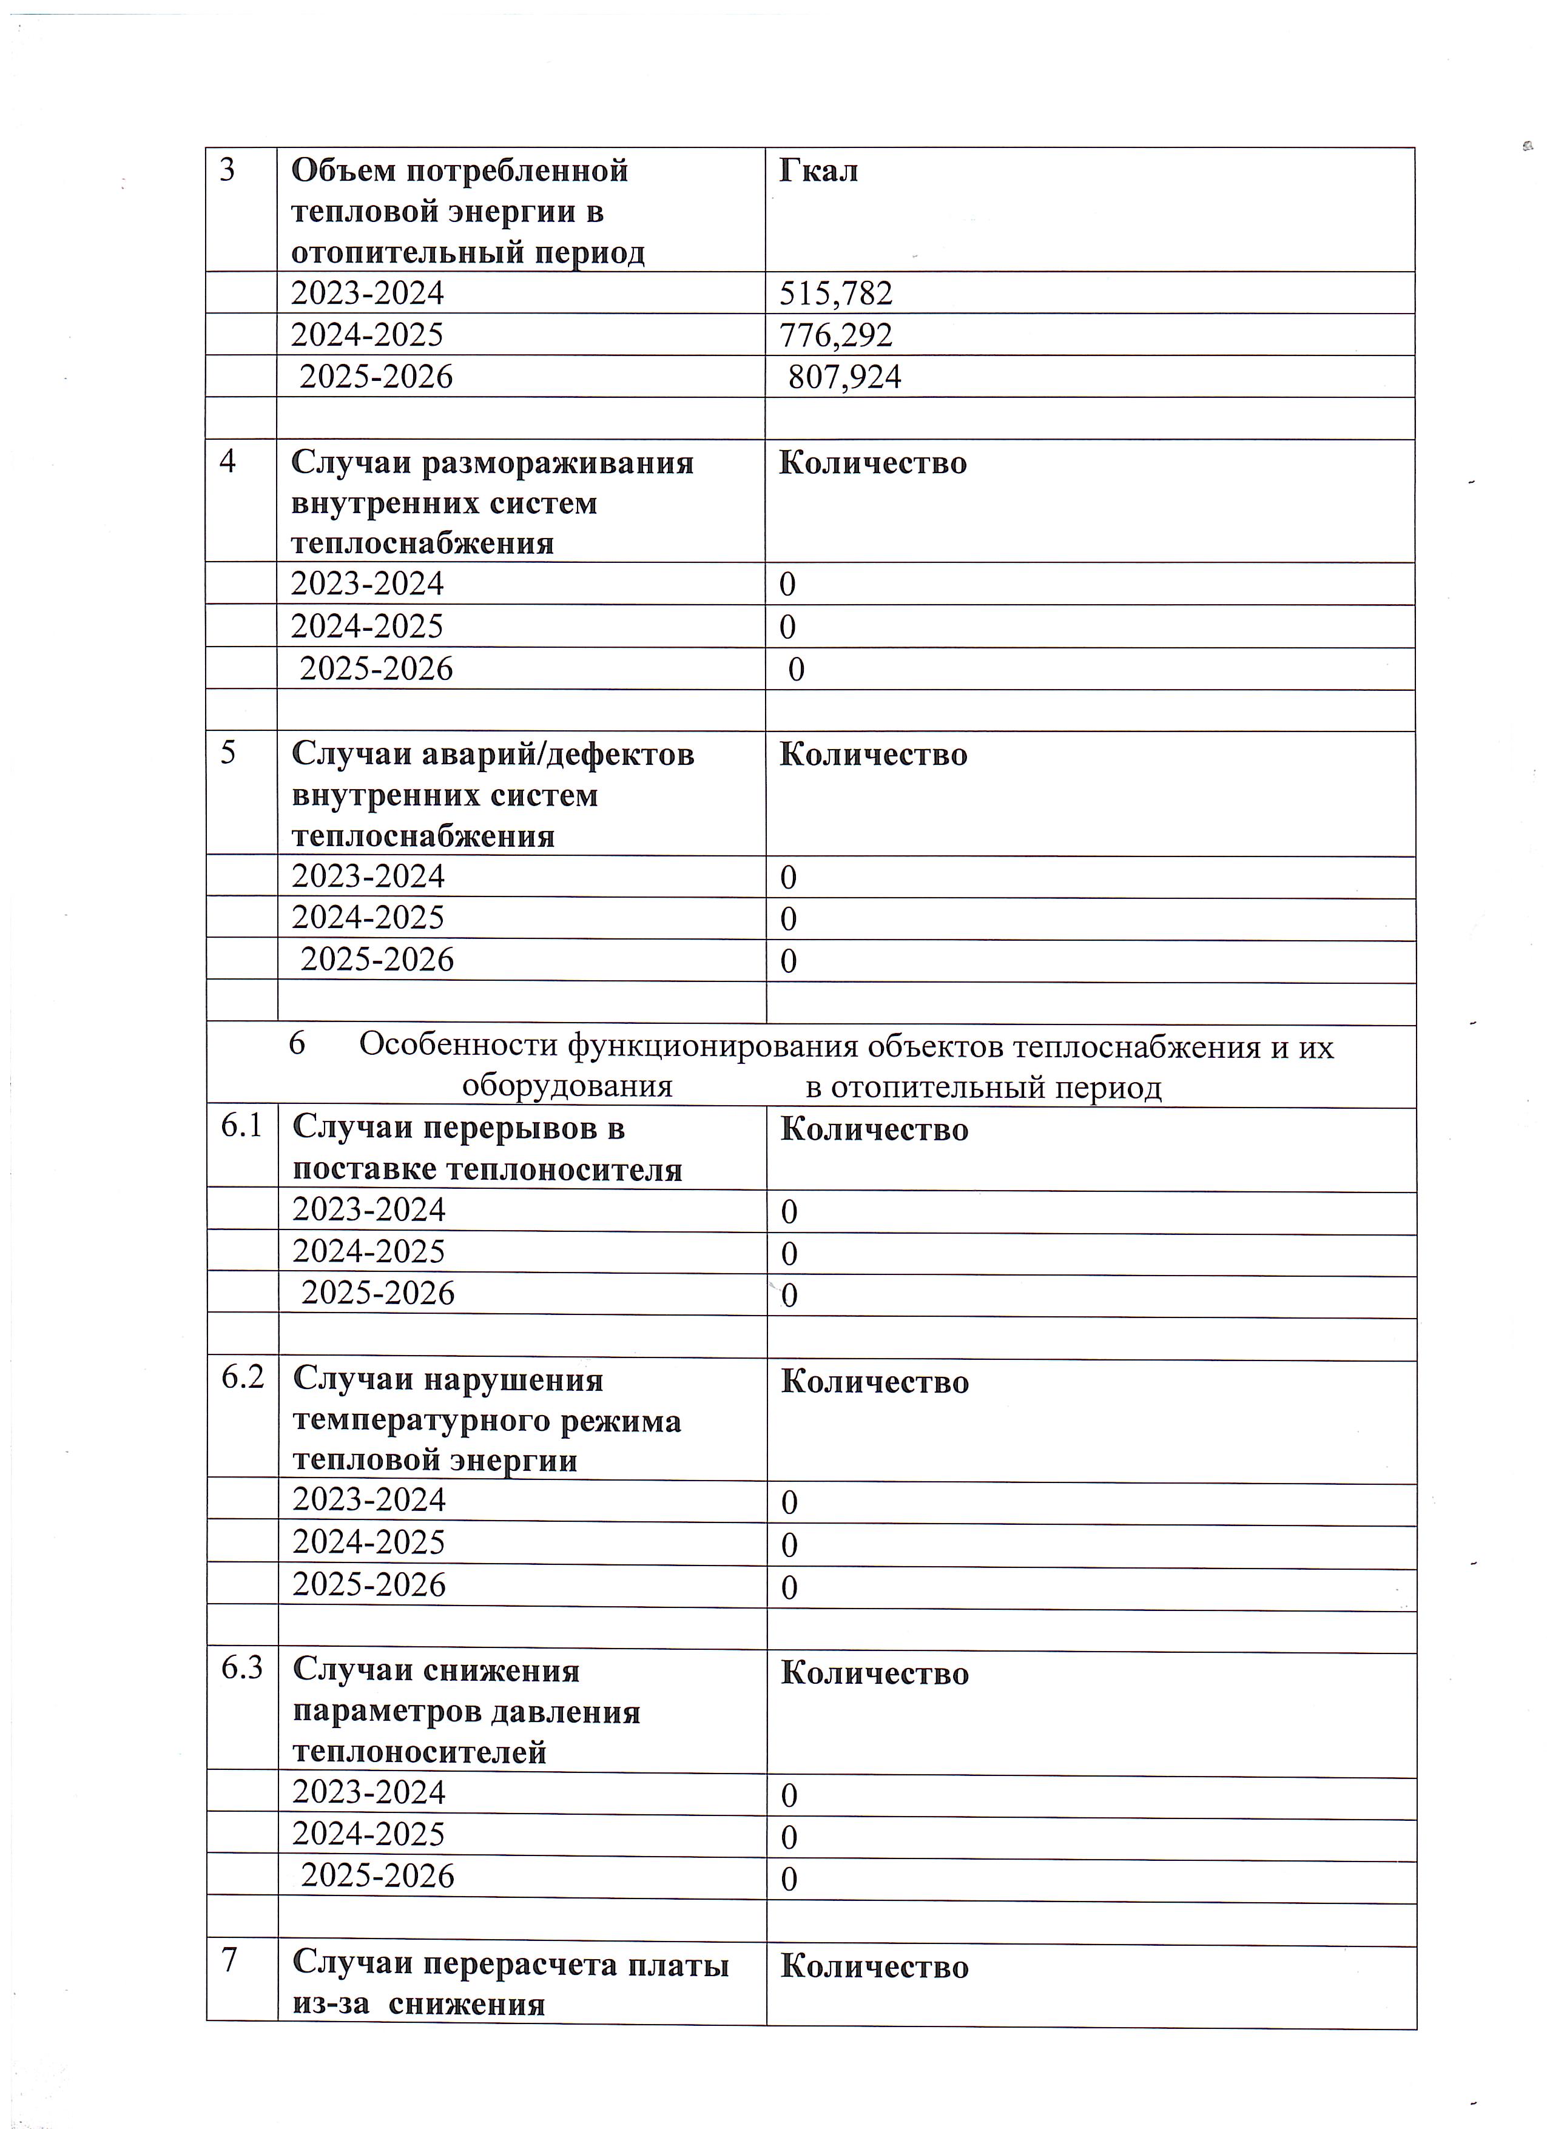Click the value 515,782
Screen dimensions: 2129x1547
tap(835, 294)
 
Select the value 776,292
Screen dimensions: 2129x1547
tap(835, 335)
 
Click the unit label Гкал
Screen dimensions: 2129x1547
tap(818, 171)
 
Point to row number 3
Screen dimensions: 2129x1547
tap(227, 171)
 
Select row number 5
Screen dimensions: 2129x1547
tap(227, 754)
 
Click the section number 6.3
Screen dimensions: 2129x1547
tap(242, 1669)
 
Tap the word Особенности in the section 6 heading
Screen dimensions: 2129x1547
tap(458, 1046)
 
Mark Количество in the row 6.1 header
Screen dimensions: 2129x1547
tap(874, 1129)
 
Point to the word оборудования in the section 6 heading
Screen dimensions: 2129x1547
tap(567, 1087)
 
